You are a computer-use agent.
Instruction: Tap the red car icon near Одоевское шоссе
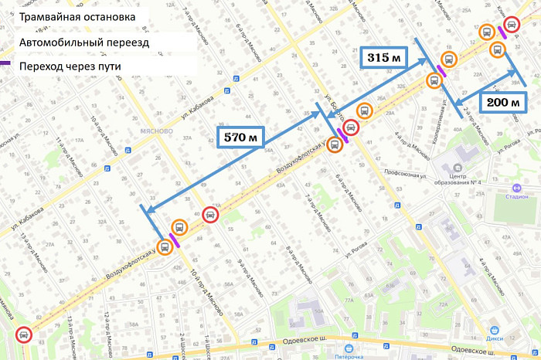click(24, 335)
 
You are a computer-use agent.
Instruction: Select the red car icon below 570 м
click(209, 216)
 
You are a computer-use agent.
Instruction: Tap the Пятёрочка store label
click(344, 356)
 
